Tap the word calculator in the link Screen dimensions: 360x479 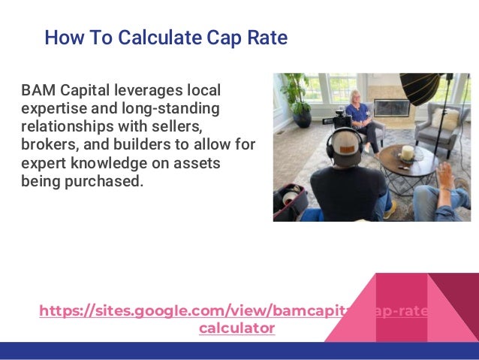pyautogui.click(x=236, y=328)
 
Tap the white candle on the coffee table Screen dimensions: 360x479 pyautogui.click(x=408, y=152)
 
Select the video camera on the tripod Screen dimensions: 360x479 pyautogui.click(x=342, y=116)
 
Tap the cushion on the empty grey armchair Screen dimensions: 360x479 pyautogui.click(x=448, y=118)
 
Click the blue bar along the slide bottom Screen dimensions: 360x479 pyautogui.click(x=239, y=351)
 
